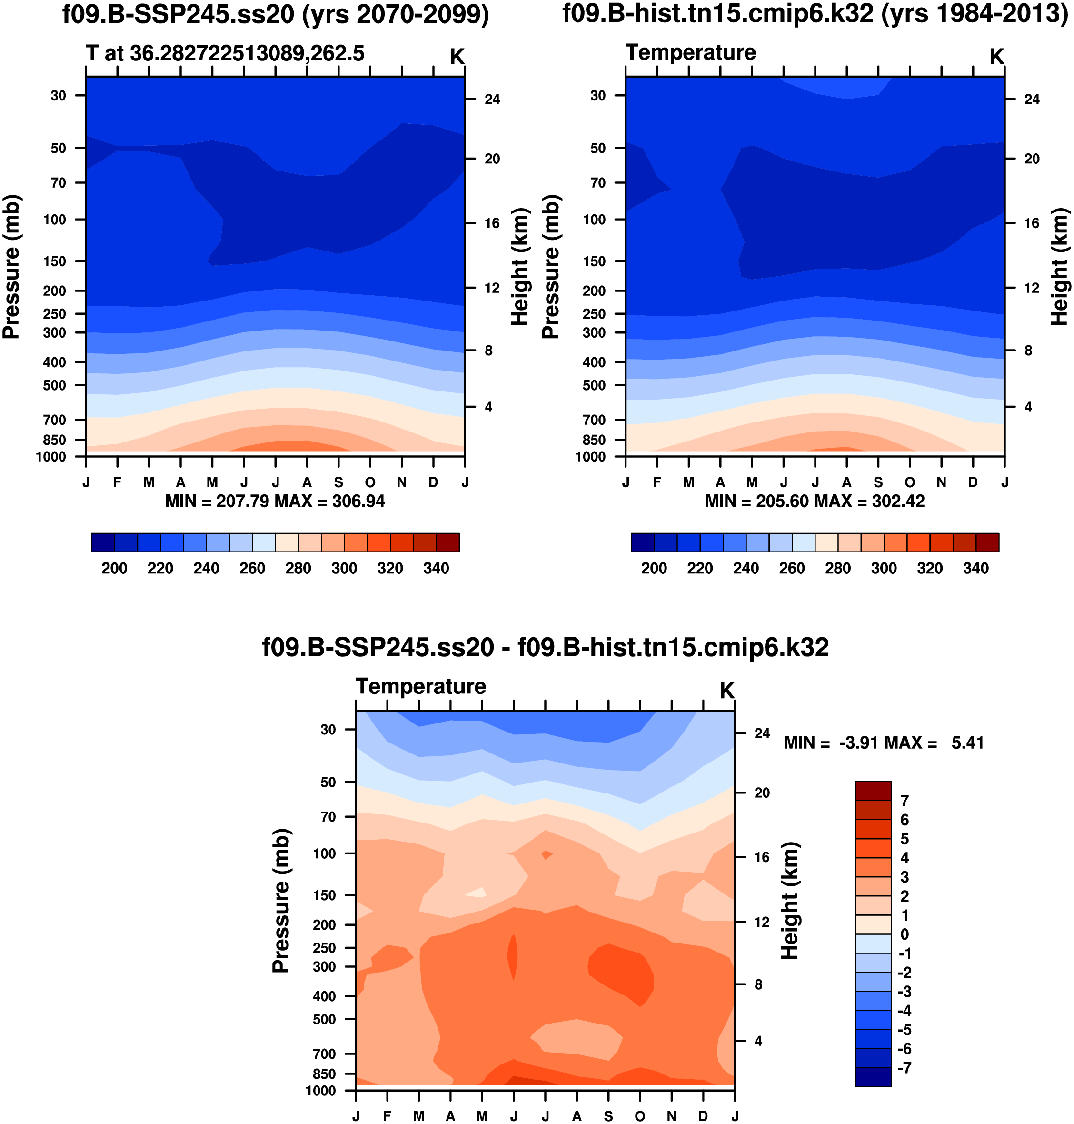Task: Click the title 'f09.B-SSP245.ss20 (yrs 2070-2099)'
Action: [x=275, y=14]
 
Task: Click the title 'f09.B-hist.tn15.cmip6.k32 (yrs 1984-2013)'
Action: [x=815, y=14]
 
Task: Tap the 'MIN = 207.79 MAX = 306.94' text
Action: [x=275, y=502]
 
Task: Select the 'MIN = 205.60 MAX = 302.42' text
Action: [x=815, y=502]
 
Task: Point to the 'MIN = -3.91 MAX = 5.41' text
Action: [x=884, y=743]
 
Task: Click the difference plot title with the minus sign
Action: [x=545, y=648]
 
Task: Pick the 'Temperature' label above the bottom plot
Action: [x=421, y=686]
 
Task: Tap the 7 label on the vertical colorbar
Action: [x=905, y=801]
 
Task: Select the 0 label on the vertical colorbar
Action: [x=905, y=934]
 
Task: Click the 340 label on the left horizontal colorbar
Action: [x=436, y=569]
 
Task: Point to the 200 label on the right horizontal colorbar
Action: [x=654, y=569]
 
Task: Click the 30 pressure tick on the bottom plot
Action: [x=328, y=730]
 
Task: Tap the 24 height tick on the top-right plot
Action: [x=1032, y=100]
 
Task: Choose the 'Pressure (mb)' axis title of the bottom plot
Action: [x=281, y=901]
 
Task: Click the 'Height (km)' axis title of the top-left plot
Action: [x=519, y=267]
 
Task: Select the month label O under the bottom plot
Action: [x=640, y=1116]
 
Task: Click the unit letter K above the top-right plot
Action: [x=997, y=57]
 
